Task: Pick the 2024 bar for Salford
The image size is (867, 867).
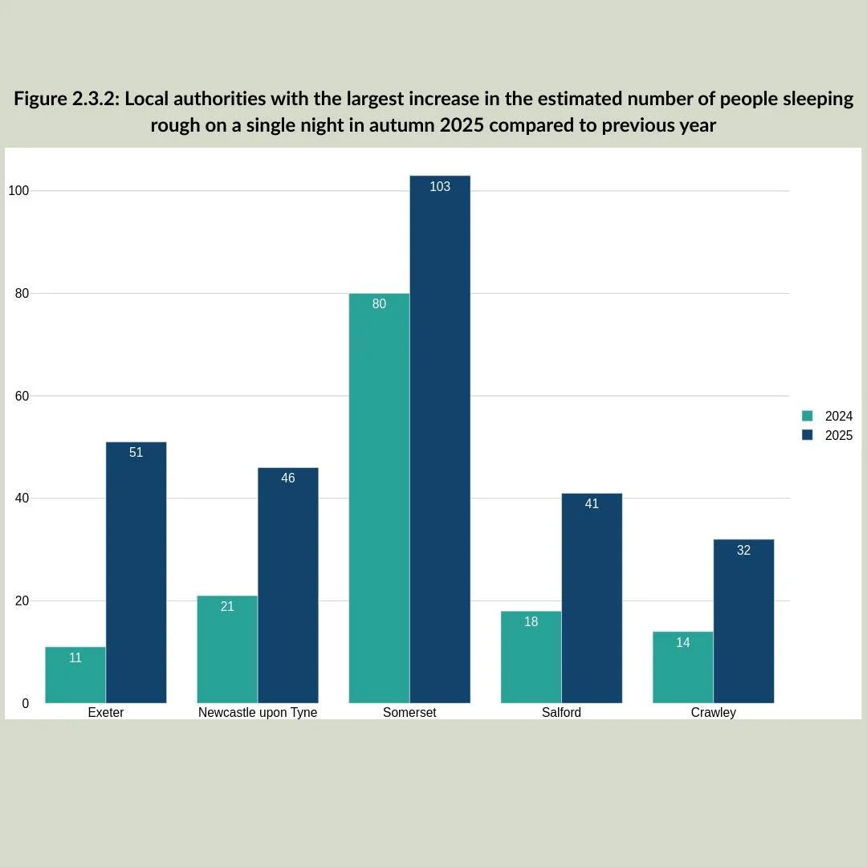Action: [x=531, y=657]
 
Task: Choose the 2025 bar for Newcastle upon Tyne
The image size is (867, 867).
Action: [x=288, y=585]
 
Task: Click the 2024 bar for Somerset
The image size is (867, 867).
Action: [x=379, y=499]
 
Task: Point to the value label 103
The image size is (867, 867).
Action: [x=440, y=186]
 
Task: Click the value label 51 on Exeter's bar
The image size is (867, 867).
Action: [x=136, y=453]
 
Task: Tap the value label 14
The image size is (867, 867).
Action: [x=682, y=642]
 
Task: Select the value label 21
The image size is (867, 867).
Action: [x=227, y=607]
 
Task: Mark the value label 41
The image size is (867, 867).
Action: [x=592, y=504]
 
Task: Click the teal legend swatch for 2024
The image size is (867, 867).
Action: [x=808, y=416]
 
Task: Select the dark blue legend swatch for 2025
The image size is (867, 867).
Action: [x=808, y=435]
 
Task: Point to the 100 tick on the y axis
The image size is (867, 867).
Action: [x=18, y=191]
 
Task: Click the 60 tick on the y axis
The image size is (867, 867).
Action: [x=22, y=396]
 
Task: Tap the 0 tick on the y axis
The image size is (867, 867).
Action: [x=25, y=703]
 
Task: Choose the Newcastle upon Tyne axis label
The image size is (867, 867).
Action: [x=258, y=713]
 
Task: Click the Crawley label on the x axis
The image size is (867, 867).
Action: [x=713, y=713]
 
